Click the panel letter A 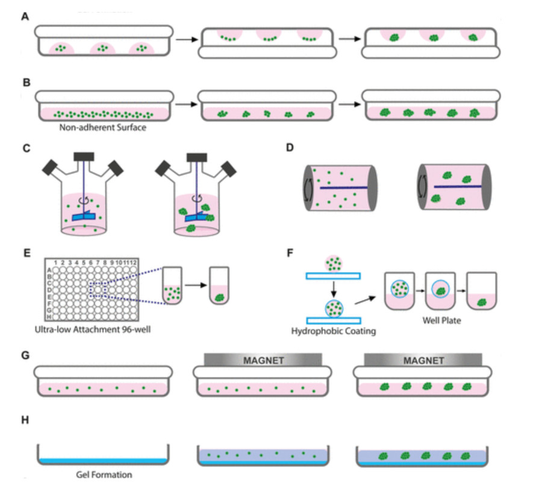tap(25, 17)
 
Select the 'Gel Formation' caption tap(104, 474)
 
